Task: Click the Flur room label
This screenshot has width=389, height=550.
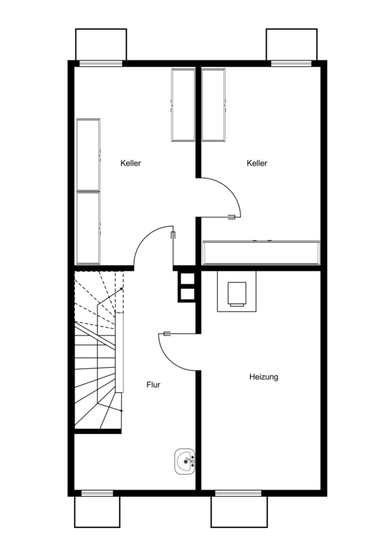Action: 154,385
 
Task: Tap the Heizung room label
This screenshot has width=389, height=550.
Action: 264,377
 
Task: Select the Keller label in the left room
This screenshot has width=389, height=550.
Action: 131,163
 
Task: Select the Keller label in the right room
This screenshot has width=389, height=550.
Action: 257,163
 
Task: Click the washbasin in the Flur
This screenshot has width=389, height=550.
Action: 185,461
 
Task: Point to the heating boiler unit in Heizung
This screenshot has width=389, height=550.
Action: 237,291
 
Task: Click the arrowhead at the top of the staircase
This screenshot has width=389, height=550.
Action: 122,288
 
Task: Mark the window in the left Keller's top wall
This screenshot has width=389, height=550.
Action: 101,64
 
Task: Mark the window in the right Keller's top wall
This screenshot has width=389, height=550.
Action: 291,64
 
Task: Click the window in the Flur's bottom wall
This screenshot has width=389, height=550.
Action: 97,493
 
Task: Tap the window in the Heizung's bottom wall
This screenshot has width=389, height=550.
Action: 239,493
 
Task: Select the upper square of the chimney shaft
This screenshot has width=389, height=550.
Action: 187,279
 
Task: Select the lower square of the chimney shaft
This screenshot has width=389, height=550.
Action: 187,294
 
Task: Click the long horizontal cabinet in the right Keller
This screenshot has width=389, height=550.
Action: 261,252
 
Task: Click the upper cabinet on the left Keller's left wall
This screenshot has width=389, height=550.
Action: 88,155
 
